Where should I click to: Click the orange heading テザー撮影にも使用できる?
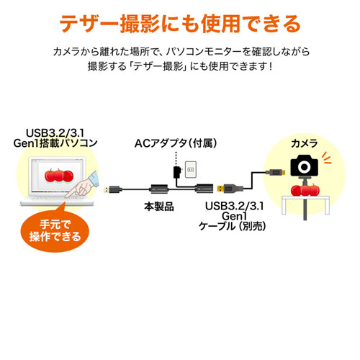(179, 24)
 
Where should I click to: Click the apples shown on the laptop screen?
(54, 176)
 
